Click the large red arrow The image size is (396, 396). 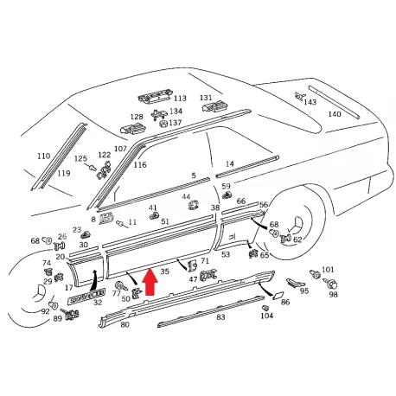coord(150,282)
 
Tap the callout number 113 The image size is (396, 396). coord(180,99)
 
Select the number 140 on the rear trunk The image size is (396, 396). coord(335,114)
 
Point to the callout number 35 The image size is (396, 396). coord(164,271)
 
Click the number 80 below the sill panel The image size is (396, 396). coord(125,324)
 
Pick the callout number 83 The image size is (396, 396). coord(220,317)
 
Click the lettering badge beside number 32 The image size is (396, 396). coord(86,297)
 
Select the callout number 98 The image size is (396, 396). coord(333,295)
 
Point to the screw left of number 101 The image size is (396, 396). coord(315,274)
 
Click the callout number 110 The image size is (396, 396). coord(43,156)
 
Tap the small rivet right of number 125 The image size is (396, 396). coord(91,167)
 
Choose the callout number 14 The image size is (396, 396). coord(229,164)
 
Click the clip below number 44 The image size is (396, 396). coord(194,206)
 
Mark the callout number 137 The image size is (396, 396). coord(176,123)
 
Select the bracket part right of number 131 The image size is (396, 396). coord(216,106)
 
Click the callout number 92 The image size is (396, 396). coord(46,311)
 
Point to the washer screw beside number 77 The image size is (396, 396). coord(121,285)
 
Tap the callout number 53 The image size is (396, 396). coord(226,254)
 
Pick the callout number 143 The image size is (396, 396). coord(310,102)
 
